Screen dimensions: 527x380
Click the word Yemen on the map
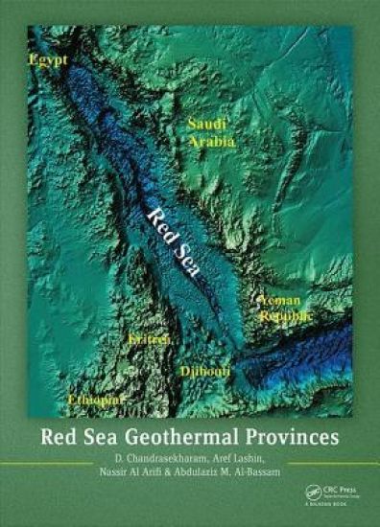[280, 300]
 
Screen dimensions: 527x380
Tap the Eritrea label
[150, 340]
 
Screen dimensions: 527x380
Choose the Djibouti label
[203, 370]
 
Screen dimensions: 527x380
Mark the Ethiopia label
[92, 397]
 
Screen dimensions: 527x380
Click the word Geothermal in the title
[191, 442]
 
